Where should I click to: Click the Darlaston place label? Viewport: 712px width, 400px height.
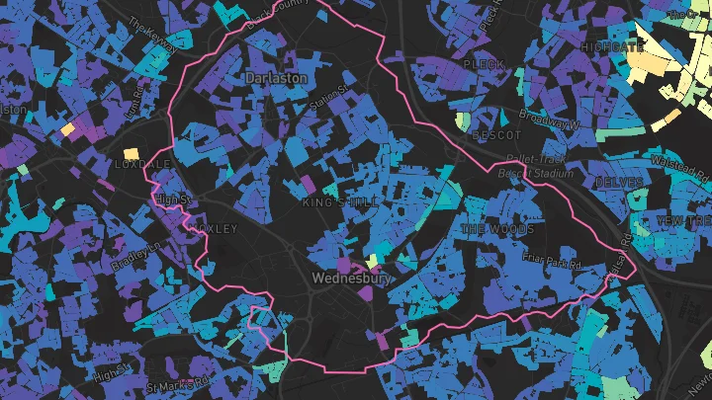[276, 77]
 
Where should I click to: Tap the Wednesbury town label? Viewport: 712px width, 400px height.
[351, 279]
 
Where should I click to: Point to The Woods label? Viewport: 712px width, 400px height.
[497, 229]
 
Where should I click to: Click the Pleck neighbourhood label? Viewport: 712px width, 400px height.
[483, 64]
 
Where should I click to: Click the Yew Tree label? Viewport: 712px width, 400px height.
[683, 218]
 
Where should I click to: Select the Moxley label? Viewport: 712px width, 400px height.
[217, 228]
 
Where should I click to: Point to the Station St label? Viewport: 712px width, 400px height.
[330, 96]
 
